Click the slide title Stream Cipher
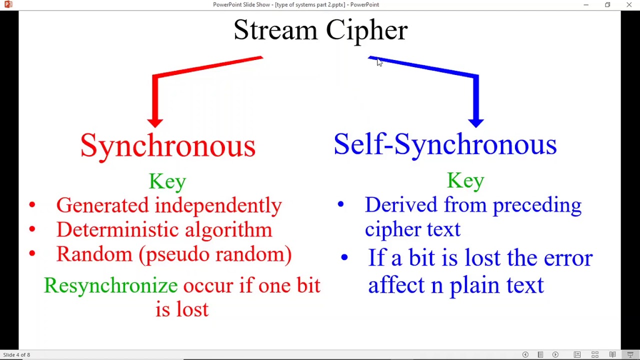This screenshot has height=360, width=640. click(x=320, y=30)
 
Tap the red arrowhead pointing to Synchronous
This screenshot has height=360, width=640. click(x=155, y=121)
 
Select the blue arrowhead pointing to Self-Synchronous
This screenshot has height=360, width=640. click(x=476, y=121)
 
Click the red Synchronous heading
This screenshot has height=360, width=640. click(x=168, y=145)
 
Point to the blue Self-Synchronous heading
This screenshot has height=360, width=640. click(x=445, y=144)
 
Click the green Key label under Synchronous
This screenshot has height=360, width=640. click(x=167, y=181)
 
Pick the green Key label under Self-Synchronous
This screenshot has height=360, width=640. click(x=465, y=180)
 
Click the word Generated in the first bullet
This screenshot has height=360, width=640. click(x=102, y=205)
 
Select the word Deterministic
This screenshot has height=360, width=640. click(x=117, y=229)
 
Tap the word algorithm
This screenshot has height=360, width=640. click(x=228, y=229)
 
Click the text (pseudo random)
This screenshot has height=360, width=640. click(x=215, y=254)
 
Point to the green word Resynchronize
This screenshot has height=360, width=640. click(x=110, y=285)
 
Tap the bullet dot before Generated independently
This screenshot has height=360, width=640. click(x=32, y=204)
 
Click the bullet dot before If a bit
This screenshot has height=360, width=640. click(x=344, y=258)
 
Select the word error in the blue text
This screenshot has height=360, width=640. click(x=568, y=258)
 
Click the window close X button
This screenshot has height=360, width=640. click(x=629, y=5)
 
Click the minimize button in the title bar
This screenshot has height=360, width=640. click(x=586, y=5)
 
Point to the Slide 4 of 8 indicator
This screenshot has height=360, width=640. click(x=16, y=355)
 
